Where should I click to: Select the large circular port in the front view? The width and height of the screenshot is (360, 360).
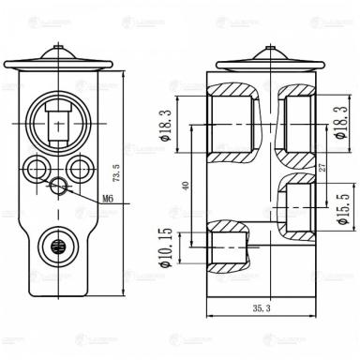coord(60,123)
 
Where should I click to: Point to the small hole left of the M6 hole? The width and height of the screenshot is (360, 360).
coord(39,170)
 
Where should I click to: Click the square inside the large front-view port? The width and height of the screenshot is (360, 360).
coord(60,123)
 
